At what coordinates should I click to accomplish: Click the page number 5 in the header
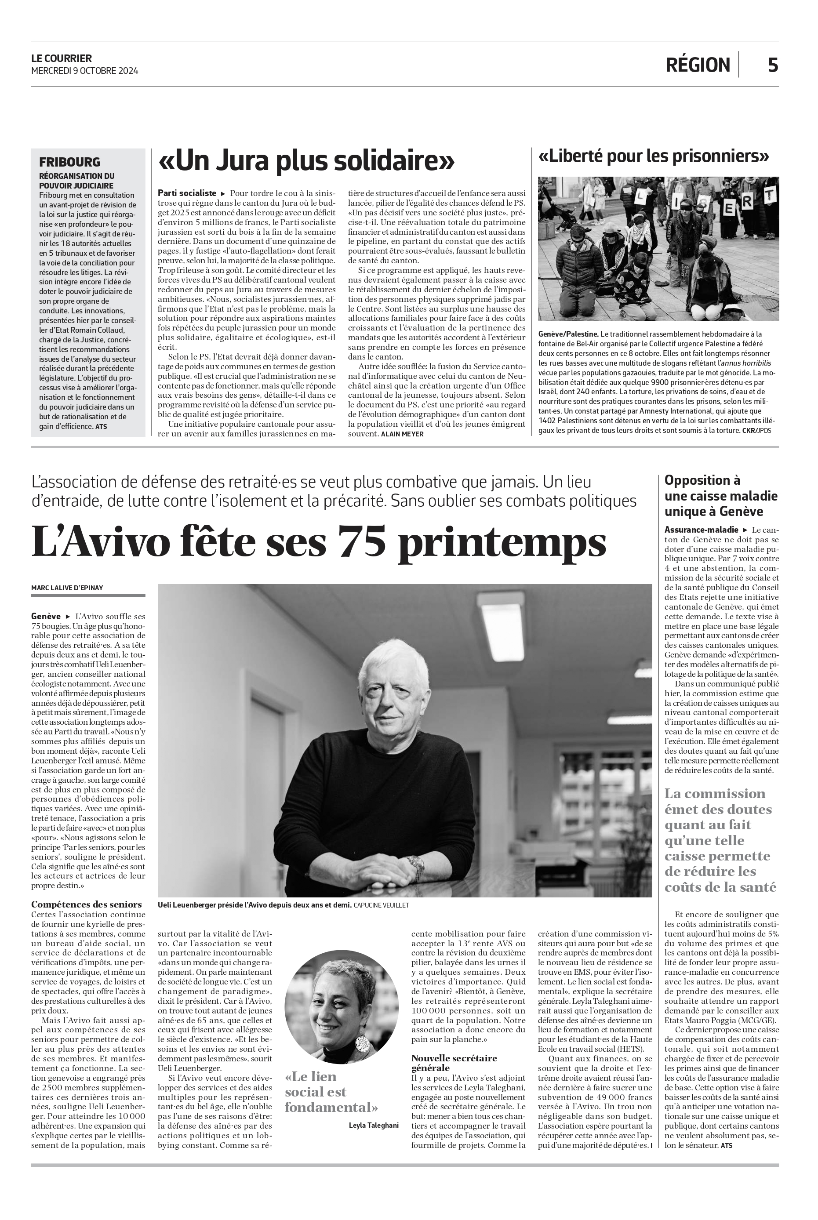tap(773, 65)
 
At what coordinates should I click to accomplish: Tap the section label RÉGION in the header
tap(698, 65)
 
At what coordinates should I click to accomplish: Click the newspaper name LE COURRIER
tap(62, 58)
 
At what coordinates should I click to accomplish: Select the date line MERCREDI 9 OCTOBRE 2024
tap(84, 71)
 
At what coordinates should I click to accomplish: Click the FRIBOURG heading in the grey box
tap(69, 162)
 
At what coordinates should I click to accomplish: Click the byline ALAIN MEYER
tap(402, 434)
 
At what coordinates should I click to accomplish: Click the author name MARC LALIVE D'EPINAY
tap(67, 588)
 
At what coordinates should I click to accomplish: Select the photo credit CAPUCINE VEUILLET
tap(382, 905)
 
